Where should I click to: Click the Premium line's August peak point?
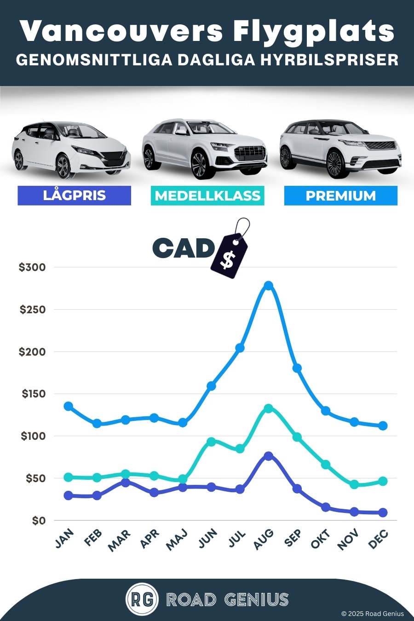[269, 286]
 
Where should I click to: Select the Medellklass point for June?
[211, 442]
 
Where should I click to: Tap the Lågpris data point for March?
[125, 483]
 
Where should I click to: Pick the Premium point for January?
[68, 406]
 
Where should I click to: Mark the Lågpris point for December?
[383, 512]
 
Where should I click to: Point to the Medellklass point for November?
[354, 484]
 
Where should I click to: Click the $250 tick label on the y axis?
[33, 310]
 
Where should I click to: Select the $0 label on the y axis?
[39, 521]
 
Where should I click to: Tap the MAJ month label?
[177, 539]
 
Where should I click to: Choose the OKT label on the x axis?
[320, 539]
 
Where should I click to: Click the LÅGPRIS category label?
[75, 195]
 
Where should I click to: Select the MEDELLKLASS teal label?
[207, 196]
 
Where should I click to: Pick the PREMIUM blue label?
[340, 196]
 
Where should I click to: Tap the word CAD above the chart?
[183, 249]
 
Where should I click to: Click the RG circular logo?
[142, 599]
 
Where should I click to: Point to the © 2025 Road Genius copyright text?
[373, 614]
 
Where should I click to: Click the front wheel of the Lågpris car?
[63, 166]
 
